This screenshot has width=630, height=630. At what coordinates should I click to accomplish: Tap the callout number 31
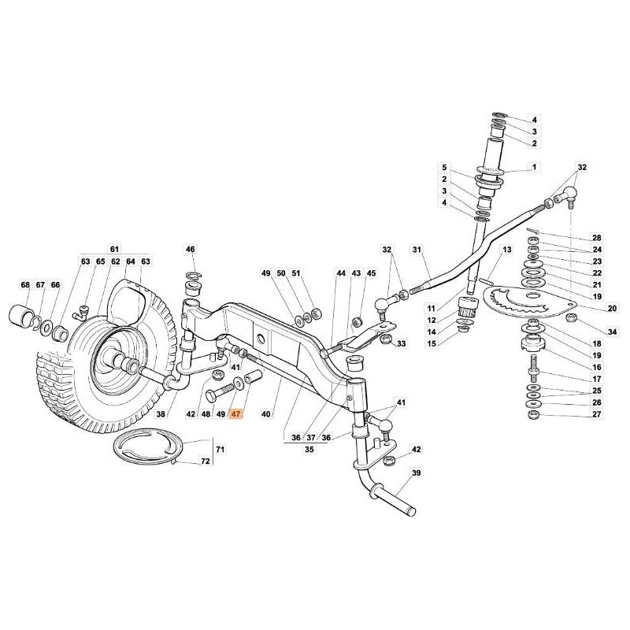(x=417, y=250)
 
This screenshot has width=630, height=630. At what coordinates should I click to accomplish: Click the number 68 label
(x=26, y=284)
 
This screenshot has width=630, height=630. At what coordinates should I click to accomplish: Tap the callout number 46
(x=190, y=250)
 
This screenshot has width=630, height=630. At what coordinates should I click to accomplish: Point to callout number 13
(x=507, y=250)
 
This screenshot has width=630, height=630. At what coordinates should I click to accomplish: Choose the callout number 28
(x=597, y=238)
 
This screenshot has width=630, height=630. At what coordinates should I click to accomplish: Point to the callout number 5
(x=444, y=168)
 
